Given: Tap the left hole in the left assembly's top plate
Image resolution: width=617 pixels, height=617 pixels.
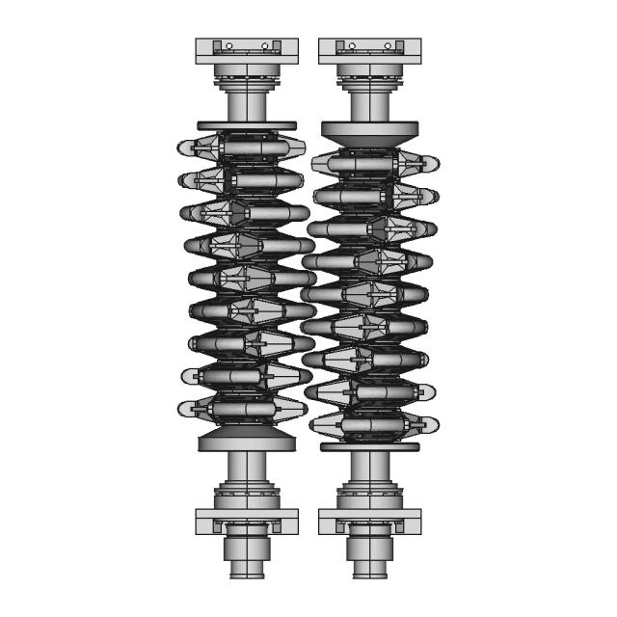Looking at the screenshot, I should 228,45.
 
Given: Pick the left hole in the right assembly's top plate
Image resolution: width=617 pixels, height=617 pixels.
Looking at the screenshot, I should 352,45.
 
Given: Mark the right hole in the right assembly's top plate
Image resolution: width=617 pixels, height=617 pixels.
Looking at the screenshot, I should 388,45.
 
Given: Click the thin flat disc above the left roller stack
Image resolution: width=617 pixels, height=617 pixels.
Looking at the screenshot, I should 247,125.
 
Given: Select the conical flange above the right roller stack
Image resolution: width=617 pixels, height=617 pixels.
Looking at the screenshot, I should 369,131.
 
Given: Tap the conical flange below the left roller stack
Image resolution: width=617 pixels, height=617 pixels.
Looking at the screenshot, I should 246,442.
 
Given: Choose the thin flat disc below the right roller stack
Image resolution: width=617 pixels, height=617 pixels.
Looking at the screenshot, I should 369,446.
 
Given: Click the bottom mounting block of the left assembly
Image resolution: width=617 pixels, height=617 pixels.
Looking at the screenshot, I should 247,522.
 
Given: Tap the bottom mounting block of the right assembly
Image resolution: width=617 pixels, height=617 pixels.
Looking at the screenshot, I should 369,522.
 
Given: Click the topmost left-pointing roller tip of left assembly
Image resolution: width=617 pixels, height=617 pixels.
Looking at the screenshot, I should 185,148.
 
